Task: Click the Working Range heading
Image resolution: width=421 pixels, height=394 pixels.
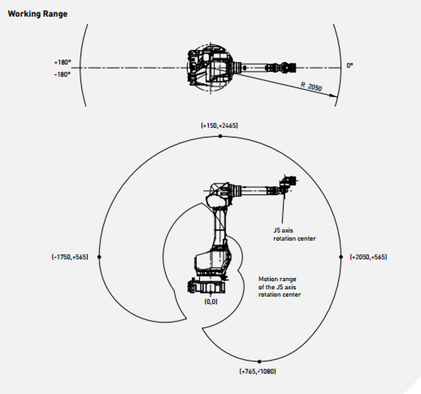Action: [38, 14]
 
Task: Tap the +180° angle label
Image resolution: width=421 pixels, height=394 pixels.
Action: [62, 62]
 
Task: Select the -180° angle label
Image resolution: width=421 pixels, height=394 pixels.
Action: [62, 75]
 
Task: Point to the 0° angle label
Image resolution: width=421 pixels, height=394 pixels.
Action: [350, 65]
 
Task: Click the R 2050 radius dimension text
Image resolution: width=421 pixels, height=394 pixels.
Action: [311, 86]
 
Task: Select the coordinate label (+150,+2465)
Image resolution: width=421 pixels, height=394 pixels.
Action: [219, 125]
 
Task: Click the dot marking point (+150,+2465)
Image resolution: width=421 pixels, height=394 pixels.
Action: [220, 136]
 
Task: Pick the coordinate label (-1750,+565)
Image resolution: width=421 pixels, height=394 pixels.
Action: [70, 257]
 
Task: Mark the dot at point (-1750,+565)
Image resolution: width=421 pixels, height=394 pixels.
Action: [99, 257]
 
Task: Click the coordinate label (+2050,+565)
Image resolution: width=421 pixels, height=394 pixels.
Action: [368, 257]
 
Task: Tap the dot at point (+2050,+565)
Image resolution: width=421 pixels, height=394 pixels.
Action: [341, 257]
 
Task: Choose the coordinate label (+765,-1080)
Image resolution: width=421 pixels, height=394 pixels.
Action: [258, 371]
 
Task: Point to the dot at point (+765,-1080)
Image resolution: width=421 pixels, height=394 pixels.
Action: [259, 361]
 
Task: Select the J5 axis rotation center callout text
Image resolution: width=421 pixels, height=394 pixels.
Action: [294, 235]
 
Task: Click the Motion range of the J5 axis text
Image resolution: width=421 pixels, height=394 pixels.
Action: [279, 287]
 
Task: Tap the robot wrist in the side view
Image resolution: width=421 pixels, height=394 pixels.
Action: [288, 184]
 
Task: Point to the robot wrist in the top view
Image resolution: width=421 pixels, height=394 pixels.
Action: [288, 67]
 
